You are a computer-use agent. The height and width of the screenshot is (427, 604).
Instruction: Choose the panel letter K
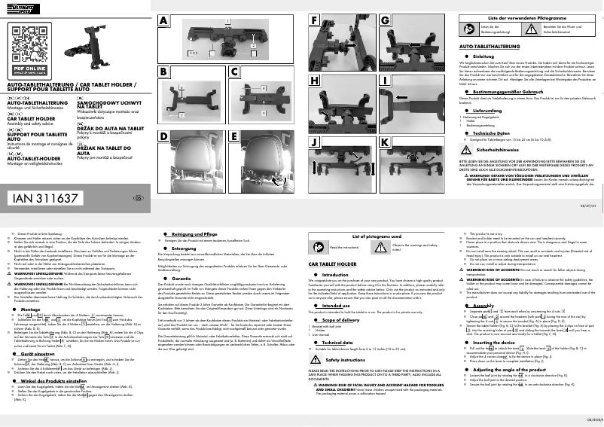click(385, 142)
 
